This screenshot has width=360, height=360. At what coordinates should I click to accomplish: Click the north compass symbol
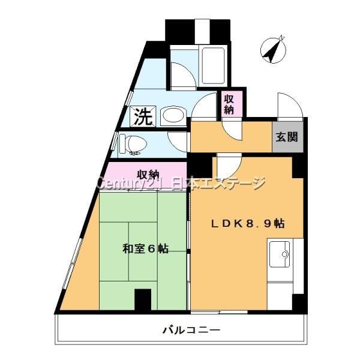point(273,50)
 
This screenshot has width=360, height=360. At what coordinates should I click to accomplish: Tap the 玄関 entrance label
point(287,137)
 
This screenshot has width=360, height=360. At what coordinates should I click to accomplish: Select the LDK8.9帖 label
point(248,224)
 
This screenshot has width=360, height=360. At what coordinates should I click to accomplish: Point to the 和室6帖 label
point(146,248)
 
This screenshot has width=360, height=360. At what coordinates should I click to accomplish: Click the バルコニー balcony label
point(191,331)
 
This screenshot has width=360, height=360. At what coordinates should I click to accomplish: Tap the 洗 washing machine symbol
point(143,116)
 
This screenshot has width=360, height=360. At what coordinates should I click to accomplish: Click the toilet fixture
point(133,145)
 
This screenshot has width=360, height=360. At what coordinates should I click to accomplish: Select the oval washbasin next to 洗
point(173,116)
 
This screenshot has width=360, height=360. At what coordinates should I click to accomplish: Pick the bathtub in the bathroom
point(213,65)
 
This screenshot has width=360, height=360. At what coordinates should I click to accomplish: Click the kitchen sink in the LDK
point(280,254)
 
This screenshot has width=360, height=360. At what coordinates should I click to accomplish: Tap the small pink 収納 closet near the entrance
point(232,104)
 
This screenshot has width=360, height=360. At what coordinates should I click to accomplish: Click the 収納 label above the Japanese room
point(148,175)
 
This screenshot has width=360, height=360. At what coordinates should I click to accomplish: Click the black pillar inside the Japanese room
point(143,299)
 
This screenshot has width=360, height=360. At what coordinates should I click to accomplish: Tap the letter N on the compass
point(282,38)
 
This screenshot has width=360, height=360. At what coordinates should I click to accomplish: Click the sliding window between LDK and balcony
point(219,312)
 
